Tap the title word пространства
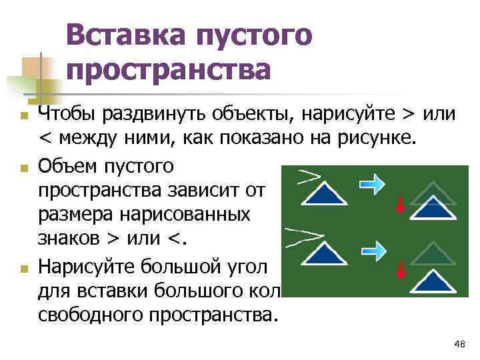tap(169, 69)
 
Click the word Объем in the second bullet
tap(65, 164)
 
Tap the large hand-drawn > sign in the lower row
tap(304, 236)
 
